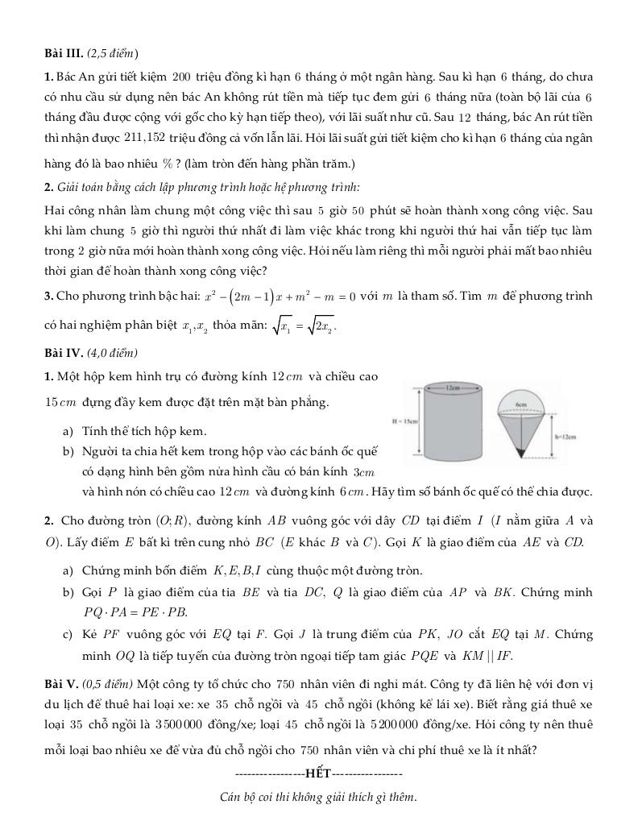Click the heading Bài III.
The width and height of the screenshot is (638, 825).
click(x=63, y=53)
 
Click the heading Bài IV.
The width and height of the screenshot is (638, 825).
click(x=63, y=353)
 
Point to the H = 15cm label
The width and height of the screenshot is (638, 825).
click(x=402, y=421)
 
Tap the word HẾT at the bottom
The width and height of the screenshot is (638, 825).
click(x=318, y=773)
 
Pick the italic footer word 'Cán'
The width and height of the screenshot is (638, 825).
click(x=230, y=798)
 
